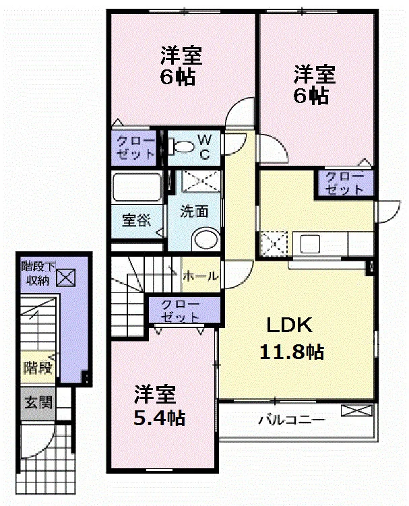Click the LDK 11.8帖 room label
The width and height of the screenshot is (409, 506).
[x=291, y=338]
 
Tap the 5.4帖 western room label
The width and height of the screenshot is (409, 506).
[x=159, y=406]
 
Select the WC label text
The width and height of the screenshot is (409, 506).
[x=205, y=147]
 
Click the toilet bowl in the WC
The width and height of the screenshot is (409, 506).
[x=181, y=146]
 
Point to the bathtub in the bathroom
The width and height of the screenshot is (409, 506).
[x=137, y=187]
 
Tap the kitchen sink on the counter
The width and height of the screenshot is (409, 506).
[x=310, y=244]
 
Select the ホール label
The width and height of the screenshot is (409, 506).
[x=201, y=276]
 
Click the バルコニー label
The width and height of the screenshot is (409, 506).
[x=291, y=420]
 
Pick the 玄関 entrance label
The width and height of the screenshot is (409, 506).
[x=38, y=402]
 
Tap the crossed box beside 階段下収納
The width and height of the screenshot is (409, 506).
[x=66, y=278]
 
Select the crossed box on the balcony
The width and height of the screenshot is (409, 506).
[x=356, y=410]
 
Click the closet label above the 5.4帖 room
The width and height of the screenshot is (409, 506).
[x=180, y=311]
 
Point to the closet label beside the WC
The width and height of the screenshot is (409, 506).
[x=135, y=147]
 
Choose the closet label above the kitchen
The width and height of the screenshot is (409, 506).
[x=344, y=183]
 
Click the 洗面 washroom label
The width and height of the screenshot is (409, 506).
[x=193, y=212]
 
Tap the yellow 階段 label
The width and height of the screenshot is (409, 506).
[x=38, y=368]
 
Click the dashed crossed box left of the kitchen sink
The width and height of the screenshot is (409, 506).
[x=274, y=244]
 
